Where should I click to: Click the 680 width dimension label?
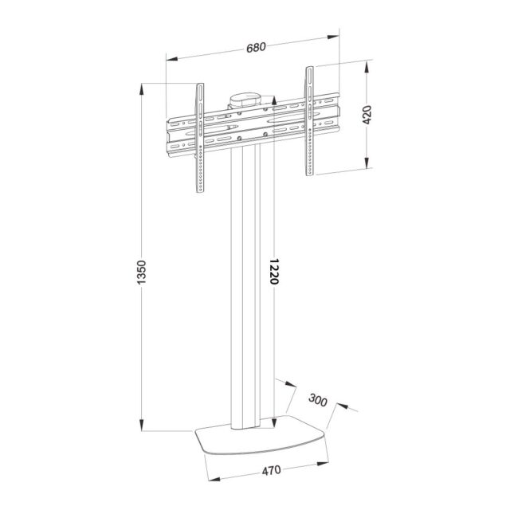(256, 46)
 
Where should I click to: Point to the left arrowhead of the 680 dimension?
(170, 57)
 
